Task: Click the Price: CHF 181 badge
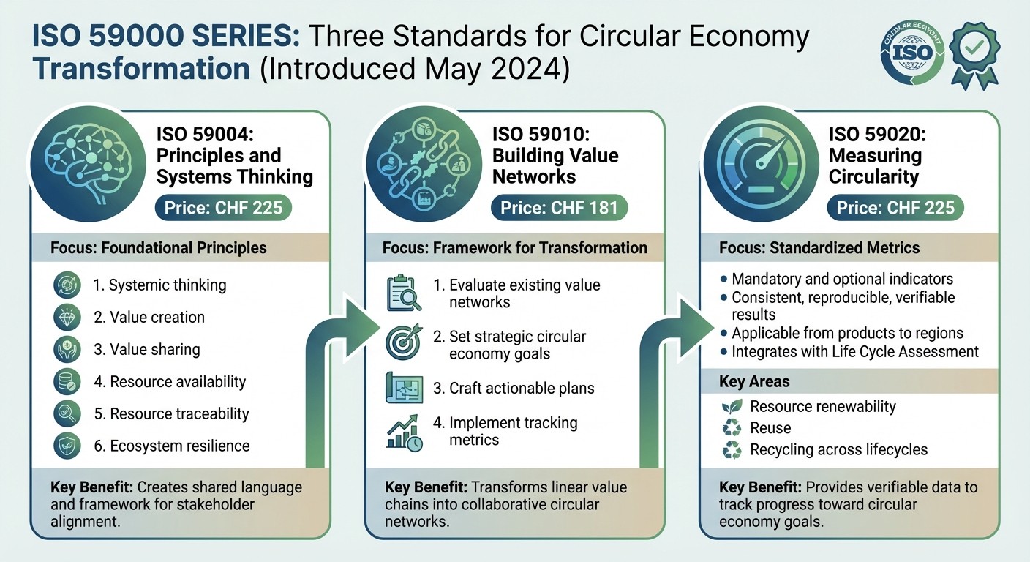click(x=559, y=208)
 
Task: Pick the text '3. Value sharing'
click(x=146, y=349)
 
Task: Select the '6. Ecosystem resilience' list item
click(x=171, y=446)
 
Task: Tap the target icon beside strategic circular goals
click(x=404, y=342)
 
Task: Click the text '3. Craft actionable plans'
click(x=513, y=388)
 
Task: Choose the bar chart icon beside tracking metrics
click(x=404, y=432)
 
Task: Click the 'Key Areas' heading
click(x=754, y=381)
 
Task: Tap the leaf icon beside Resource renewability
click(x=732, y=407)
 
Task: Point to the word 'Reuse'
click(x=770, y=428)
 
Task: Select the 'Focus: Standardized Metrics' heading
click(x=819, y=248)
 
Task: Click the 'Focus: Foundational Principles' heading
click(x=159, y=248)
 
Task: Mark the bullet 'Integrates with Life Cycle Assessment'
click(x=854, y=351)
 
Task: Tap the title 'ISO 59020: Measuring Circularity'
click(x=874, y=156)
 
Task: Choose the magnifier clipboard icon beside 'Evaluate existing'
click(x=404, y=293)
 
